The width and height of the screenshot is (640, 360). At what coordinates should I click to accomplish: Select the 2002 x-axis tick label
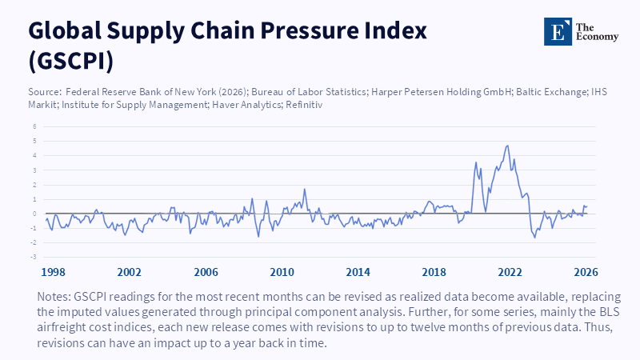pos(130,271)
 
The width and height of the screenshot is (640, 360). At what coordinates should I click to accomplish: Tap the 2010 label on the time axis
pos(282,271)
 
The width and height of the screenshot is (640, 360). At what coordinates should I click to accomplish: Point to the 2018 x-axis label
pos(434,271)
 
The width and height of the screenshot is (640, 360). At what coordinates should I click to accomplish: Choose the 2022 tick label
pos(510,271)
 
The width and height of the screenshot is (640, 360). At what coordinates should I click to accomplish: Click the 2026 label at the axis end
pos(585,271)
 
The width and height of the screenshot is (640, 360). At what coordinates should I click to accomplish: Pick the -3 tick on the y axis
pos(34,257)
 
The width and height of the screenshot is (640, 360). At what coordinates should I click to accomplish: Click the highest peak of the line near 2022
pos(507,146)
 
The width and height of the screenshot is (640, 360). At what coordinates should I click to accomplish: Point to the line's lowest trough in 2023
pos(535,238)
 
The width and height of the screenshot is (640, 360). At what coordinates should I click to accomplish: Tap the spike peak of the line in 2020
pos(476,162)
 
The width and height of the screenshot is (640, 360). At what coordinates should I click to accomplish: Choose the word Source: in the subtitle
pos(46,93)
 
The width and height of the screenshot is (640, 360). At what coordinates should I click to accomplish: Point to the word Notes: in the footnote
pos(55,295)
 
